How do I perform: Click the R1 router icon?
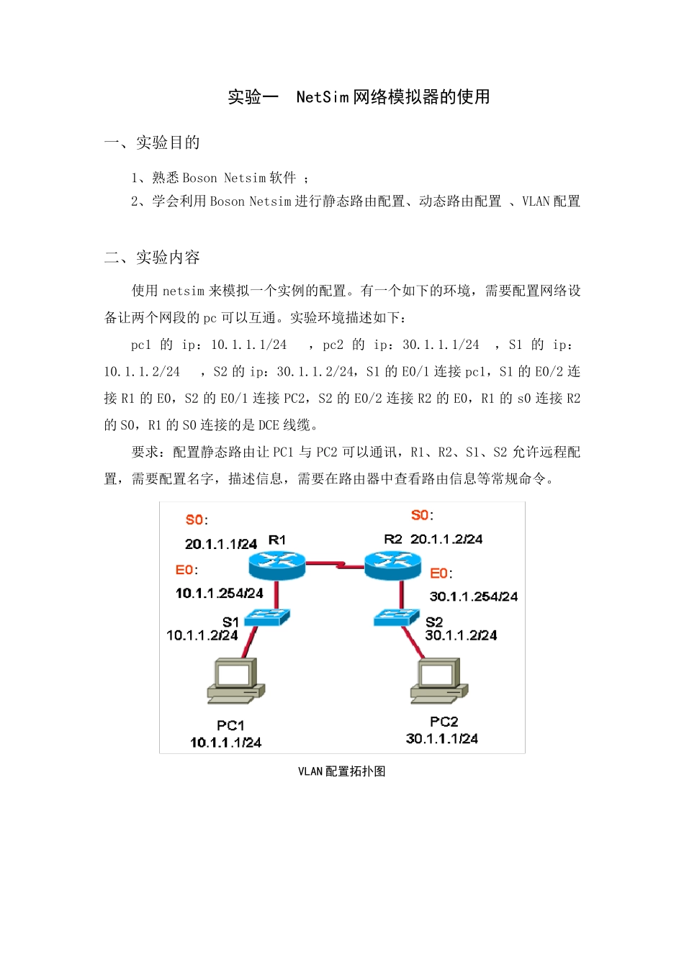(277, 565)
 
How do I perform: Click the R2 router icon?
(392, 565)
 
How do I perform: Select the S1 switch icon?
(266, 617)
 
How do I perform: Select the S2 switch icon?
(396, 617)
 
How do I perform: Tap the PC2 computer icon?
(439, 680)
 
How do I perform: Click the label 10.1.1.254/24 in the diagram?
(220, 594)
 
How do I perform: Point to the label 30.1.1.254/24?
(473, 596)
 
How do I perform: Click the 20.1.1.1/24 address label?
(220, 544)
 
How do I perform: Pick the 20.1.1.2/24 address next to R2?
(446, 539)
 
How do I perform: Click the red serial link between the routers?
(335, 566)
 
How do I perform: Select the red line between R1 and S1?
(276, 594)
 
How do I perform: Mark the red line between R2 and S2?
(401, 594)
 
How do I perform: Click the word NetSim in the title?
(322, 97)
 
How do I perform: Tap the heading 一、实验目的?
(152, 142)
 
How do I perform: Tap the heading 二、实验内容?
(152, 257)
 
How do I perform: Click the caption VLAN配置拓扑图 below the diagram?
(342, 771)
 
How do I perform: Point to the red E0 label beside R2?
(438, 573)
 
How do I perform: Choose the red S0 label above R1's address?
(194, 519)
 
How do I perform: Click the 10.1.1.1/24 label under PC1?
(225, 743)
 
